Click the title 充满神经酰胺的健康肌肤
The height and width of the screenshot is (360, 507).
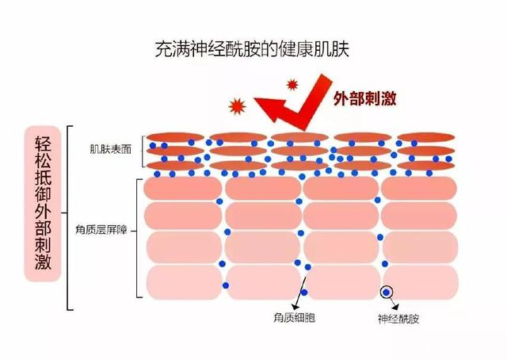click(x=252, y=49)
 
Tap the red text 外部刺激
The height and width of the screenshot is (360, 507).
click(x=364, y=98)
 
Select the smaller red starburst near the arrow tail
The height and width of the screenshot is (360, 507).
click(x=292, y=85)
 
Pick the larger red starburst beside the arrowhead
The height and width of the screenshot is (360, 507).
click(x=237, y=106)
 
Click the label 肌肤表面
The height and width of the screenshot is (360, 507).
click(x=111, y=149)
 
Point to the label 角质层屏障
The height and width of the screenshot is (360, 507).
click(x=101, y=230)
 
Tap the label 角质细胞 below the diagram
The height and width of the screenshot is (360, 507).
click(x=294, y=318)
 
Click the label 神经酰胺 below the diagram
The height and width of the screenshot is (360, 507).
click(x=398, y=319)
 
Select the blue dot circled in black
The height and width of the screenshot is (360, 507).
click(x=387, y=293)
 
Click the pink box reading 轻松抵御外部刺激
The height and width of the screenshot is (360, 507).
click(x=43, y=204)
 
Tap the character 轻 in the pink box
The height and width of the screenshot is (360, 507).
click(x=43, y=143)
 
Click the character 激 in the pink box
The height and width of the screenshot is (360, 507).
click(x=43, y=262)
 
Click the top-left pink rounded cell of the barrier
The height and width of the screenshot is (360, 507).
click(x=183, y=188)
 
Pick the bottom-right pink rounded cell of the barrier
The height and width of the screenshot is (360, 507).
click(x=421, y=282)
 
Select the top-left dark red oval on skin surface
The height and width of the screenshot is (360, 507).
click(x=175, y=137)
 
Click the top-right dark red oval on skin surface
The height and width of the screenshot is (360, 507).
click(x=426, y=137)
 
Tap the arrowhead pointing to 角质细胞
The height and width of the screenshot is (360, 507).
click(x=295, y=307)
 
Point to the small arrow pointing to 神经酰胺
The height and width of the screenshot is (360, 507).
click(x=394, y=302)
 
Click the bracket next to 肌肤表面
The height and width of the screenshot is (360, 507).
click(x=143, y=151)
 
